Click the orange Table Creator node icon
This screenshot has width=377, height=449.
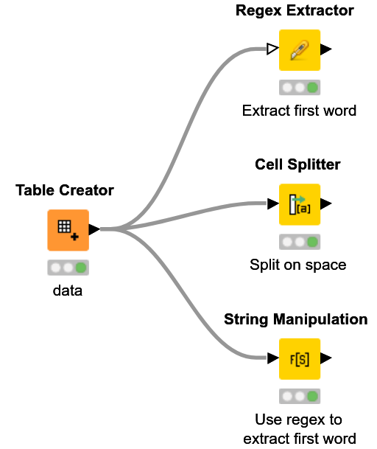(68, 230)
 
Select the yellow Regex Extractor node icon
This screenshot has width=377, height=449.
(300, 49)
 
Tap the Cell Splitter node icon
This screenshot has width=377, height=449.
(300, 204)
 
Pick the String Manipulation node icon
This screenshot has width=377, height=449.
(300, 359)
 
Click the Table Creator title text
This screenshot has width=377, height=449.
(65, 190)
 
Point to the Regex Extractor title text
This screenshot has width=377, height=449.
(295, 10)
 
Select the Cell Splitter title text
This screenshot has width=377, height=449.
(297, 164)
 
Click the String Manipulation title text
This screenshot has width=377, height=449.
(295, 319)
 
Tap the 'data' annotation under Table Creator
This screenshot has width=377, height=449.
(68, 290)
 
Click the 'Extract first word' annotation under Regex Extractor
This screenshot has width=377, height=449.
(299, 111)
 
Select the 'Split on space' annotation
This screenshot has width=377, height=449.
(297, 265)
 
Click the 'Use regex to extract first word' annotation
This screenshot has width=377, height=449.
(299, 429)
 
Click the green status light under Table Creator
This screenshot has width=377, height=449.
(81, 268)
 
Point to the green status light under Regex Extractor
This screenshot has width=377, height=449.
(313, 87)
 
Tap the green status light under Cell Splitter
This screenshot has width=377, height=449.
(313, 242)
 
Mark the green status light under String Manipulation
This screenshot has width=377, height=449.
(313, 397)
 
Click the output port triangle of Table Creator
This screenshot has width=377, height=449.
(94, 229)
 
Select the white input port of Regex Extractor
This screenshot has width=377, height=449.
(272, 49)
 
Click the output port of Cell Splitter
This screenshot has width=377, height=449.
(326, 204)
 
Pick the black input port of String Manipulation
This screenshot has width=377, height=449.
(272, 359)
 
